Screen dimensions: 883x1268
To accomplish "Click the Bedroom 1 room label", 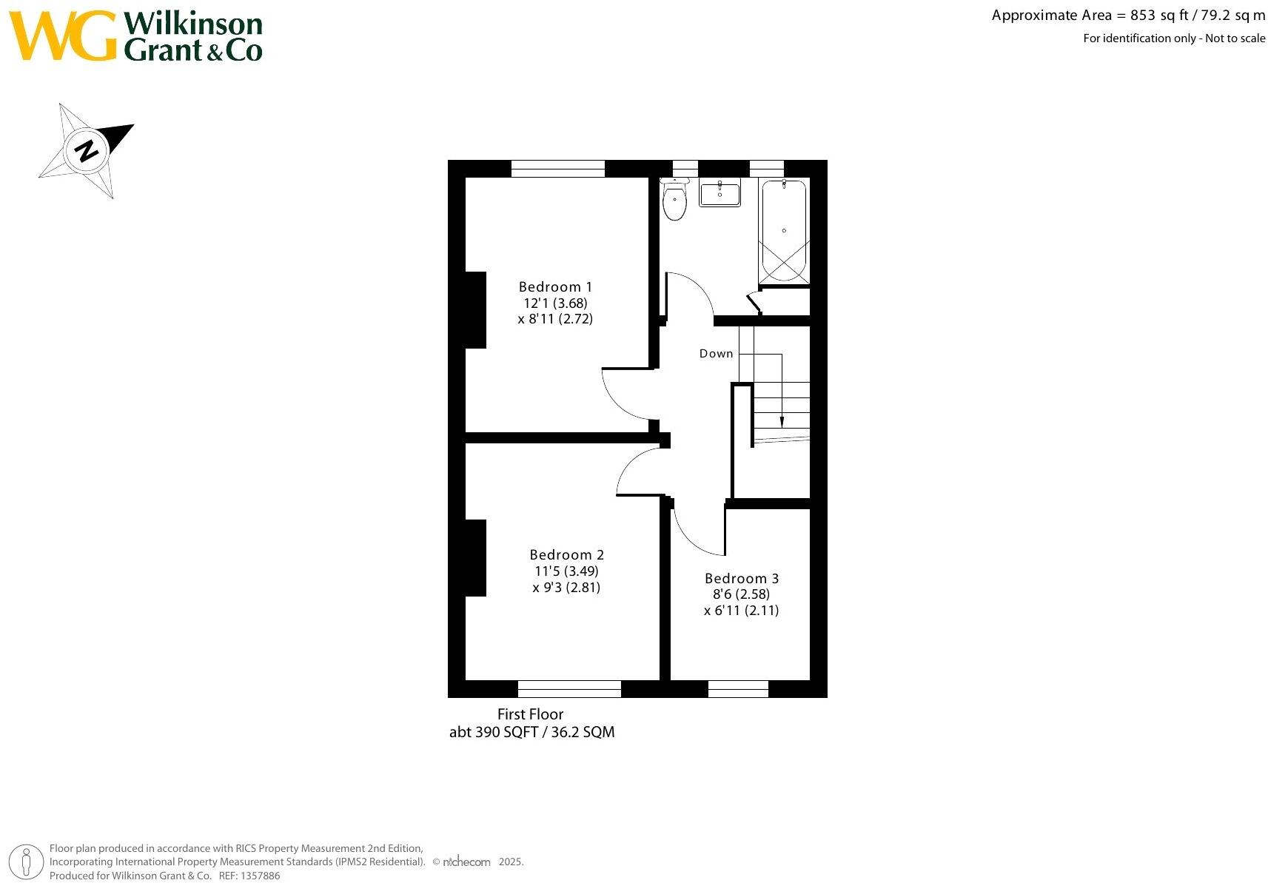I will (555, 287).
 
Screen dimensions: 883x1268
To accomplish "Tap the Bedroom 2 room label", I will (566, 555).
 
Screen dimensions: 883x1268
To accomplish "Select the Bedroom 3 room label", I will (741, 579).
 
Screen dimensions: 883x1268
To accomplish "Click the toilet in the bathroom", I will (674, 201).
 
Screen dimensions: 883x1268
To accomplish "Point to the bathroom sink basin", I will (719, 194).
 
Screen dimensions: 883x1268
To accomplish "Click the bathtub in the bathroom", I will (784, 230).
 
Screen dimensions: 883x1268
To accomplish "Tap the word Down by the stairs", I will (716, 354).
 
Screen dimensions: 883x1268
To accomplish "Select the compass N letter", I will (87, 151).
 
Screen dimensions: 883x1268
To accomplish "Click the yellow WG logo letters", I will (62, 36).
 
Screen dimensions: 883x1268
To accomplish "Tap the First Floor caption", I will (530, 714).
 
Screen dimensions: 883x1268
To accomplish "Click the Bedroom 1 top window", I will (557, 169).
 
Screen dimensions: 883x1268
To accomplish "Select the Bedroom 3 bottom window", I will (738, 689).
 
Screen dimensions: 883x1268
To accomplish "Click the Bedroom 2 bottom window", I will (569, 689).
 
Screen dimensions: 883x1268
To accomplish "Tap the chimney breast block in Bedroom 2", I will (474, 557).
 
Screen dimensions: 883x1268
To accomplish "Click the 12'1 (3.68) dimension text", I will (555, 303).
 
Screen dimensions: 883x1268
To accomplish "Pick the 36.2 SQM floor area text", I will (583, 732).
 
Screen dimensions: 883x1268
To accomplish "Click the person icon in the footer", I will (27, 862).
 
